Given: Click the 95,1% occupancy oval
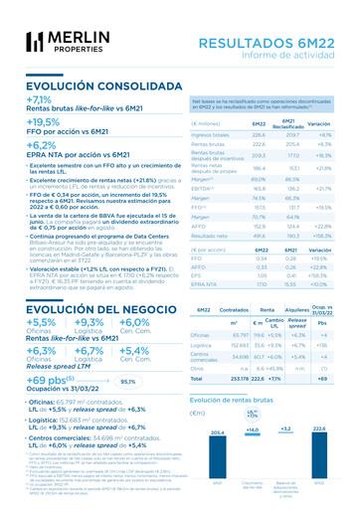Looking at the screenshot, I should (x=127, y=381).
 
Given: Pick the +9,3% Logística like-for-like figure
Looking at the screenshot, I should (x=89, y=322).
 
